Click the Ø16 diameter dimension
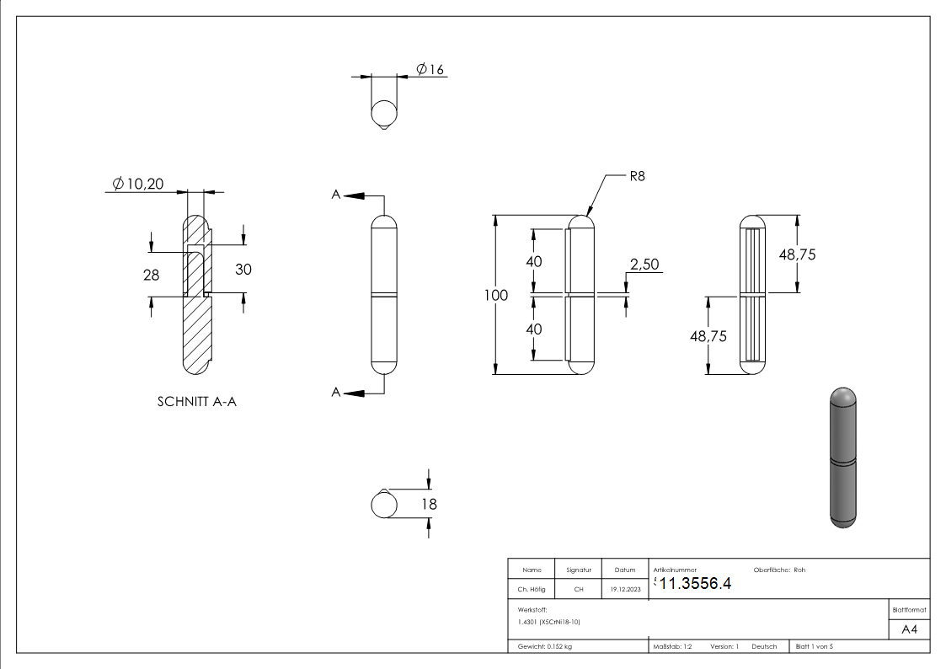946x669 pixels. (430, 69)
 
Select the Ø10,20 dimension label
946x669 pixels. (138, 183)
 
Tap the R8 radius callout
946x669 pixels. (637, 177)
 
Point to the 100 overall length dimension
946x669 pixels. (496, 295)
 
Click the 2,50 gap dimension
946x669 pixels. (644, 265)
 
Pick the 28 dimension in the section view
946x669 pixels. (152, 274)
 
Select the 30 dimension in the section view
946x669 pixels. (243, 270)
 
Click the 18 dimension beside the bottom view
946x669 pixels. (429, 504)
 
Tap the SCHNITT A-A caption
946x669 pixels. (197, 402)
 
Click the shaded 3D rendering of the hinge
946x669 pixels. (842, 458)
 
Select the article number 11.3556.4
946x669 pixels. (695, 585)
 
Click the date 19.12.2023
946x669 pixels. (624, 590)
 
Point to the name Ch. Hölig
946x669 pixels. (532, 590)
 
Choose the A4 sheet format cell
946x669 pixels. (909, 629)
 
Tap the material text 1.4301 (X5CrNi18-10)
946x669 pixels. (549, 622)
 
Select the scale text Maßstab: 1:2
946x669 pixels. (672, 646)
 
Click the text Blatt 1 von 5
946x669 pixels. (814, 646)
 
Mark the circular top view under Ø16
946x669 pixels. (384, 113)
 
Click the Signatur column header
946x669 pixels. (579, 570)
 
